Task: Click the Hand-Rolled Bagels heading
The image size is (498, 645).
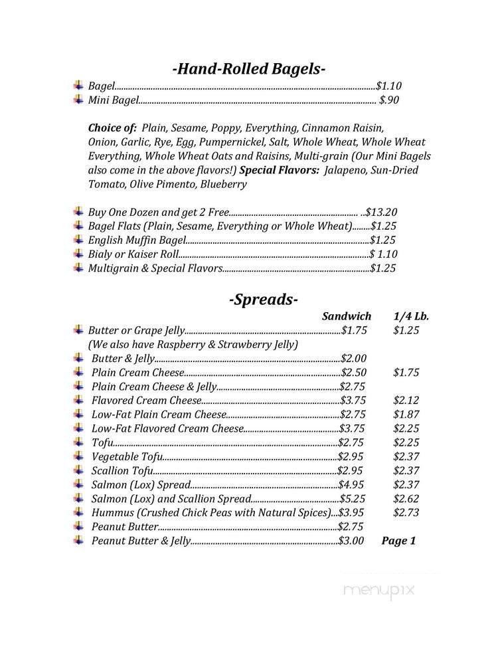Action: (248, 68)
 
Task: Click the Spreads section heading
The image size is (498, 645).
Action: (264, 299)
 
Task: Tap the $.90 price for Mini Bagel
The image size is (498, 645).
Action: (389, 100)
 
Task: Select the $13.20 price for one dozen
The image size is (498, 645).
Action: (382, 213)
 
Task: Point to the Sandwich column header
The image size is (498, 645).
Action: (347, 316)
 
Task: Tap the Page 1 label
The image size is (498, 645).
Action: (398, 541)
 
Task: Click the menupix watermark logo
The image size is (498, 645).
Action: (379, 589)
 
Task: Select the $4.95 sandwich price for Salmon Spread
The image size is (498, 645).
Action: (353, 485)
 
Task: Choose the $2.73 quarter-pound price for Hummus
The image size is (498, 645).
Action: (406, 513)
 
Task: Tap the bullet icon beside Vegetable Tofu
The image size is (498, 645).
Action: (79, 456)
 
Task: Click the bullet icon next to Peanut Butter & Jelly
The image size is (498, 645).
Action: (79, 540)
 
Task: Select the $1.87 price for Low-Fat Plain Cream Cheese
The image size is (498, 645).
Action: (406, 415)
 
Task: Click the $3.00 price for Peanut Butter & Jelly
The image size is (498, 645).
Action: (351, 541)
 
